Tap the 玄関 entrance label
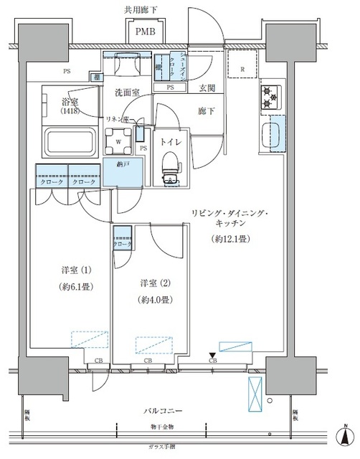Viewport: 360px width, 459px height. [207, 89]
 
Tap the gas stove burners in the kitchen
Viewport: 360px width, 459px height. [270, 98]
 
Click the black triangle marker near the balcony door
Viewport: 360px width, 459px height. [211, 354]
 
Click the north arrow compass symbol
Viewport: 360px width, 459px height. [346, 437]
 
